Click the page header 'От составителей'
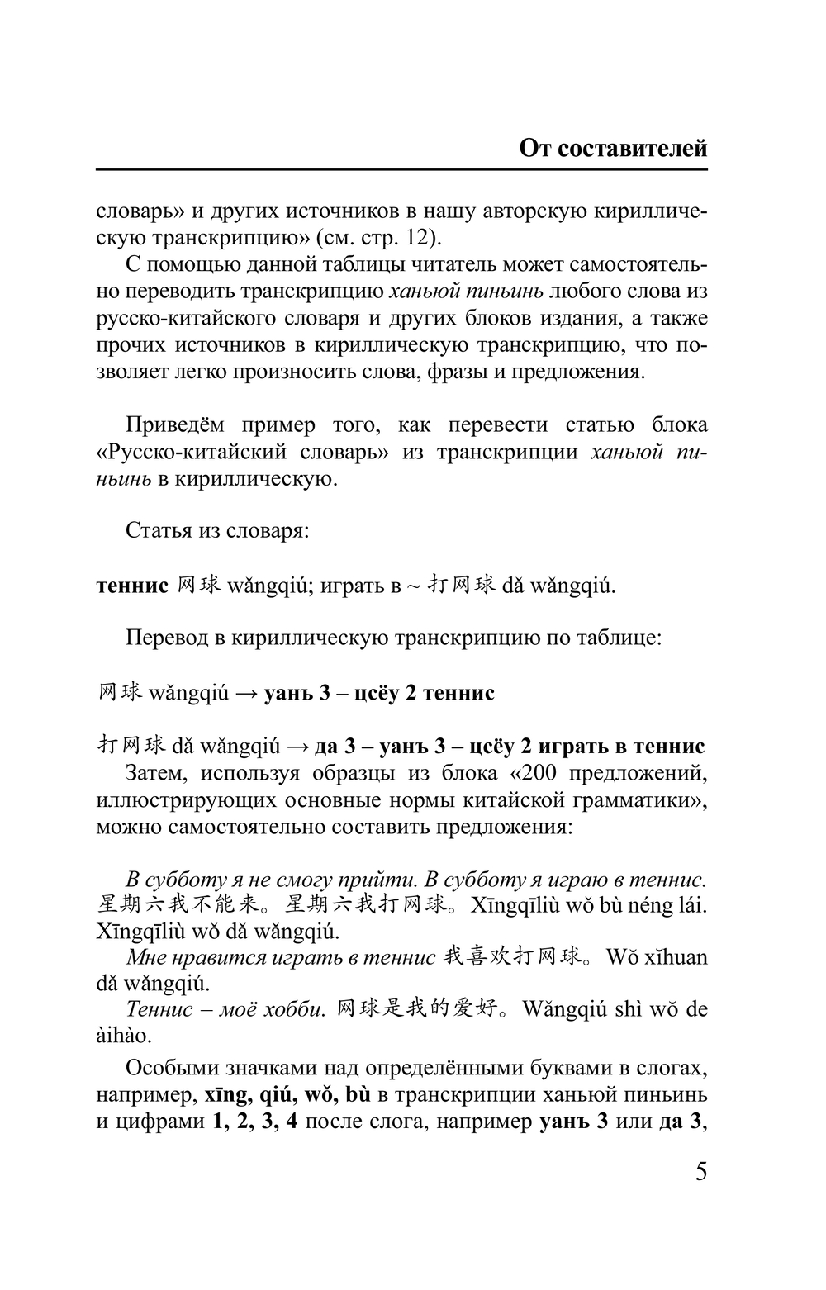(613, 149)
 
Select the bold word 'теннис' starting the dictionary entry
(132, 586)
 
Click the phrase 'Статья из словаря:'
(217, 530)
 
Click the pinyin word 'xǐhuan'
(671, 957)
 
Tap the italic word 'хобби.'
(296, 1009)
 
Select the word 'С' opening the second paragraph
(133, 265)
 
